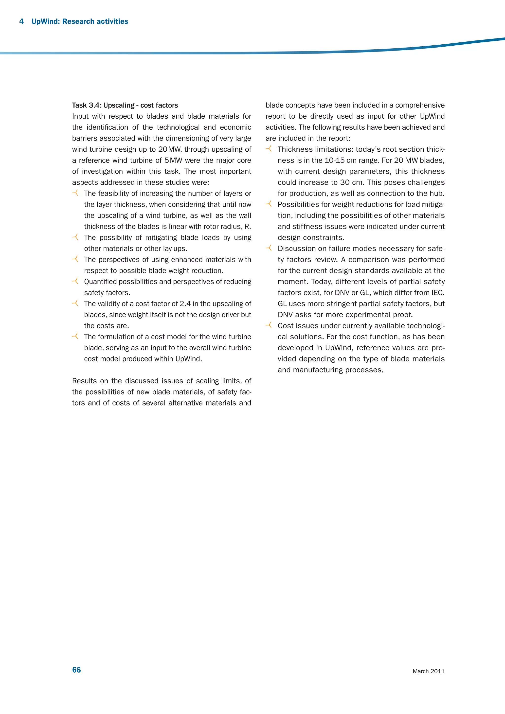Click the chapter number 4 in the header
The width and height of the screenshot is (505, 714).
21,21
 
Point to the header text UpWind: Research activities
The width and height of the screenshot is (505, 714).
80,21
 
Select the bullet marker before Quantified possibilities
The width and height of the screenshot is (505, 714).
75,281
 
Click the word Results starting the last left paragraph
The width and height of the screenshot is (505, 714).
84,381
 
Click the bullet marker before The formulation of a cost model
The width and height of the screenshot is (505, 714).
75,336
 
